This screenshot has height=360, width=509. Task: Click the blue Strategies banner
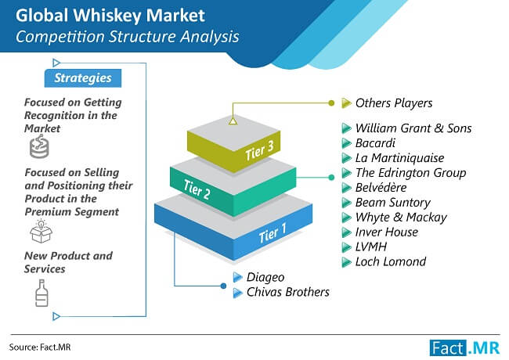(x=83, y=77)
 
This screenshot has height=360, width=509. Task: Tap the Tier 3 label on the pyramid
(x=259, y=151)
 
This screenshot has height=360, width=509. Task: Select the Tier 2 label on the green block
(x=197, y=189)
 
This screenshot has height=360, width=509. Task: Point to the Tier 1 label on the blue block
(x=273, y=233)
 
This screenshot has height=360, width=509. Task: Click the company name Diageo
(x=265, y=277)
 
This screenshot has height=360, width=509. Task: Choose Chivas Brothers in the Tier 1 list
(x=287, y=292)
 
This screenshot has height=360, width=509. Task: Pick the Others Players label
(x=394, y=103)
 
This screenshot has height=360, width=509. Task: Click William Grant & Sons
(x=413, y=128)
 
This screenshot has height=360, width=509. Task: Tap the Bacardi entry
(x=375, y=143)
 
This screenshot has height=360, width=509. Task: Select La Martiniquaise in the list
(x=399, y=158)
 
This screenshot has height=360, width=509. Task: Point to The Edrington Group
(x=410, y=173)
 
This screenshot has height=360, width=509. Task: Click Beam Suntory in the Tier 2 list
(x=393, y=203)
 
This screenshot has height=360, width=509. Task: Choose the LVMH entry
(x=371, y=247)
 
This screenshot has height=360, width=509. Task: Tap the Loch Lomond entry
(x=391, y=261)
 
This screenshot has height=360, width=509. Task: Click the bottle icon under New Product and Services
(x=42, y=293)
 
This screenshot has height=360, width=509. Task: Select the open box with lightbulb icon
(x=41, y=231)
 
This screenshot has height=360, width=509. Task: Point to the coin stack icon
(x=39, y=147)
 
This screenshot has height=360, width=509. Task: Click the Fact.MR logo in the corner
(x=464, y=348)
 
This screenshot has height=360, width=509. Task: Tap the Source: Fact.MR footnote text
(x=40, y=347)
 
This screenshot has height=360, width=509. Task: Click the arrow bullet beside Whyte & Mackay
(x=346, y=218)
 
